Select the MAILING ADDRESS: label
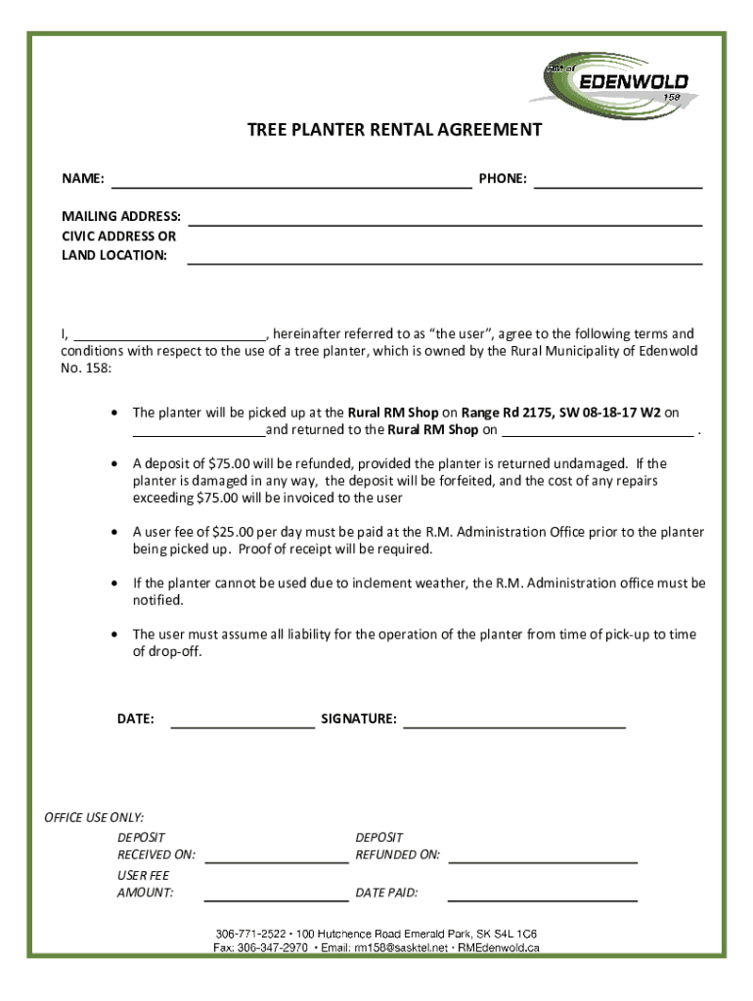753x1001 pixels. (121, 216)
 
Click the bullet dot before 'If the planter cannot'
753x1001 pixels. (114, 584)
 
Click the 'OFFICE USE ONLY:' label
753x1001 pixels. (94, 817)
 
